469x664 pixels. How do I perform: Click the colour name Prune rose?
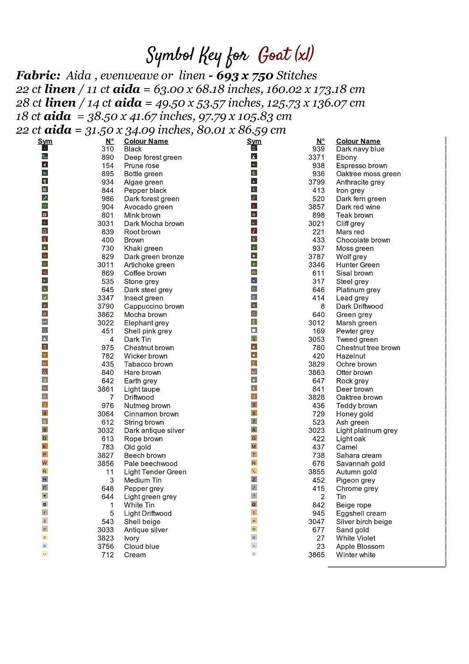coord(141,166)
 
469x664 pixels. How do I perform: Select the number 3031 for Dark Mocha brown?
coord(105,224)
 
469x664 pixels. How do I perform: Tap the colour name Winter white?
coord(355,555)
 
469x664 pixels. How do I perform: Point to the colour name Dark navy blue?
coord(360,149)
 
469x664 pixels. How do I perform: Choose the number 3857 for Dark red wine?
coord(316,207)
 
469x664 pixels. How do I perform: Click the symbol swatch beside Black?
coord(45,148)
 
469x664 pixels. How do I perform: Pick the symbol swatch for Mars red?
coord(254,231)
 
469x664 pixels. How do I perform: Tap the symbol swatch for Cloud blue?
coord(45,546)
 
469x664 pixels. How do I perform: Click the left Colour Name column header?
coord(146,141)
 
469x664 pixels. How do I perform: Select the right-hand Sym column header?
coord(254,141)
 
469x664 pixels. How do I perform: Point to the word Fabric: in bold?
coord(38,76)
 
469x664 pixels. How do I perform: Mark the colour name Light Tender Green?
coord(155,472)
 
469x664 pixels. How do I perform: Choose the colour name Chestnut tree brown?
coord(368,348)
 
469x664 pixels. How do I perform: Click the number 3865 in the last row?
coord(316,555)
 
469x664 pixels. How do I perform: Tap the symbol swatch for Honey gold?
coord(254,413)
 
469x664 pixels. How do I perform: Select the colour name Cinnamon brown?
coord(151,414)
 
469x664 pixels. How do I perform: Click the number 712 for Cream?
coord(108,555)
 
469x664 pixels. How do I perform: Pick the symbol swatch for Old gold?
coord(45,446)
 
